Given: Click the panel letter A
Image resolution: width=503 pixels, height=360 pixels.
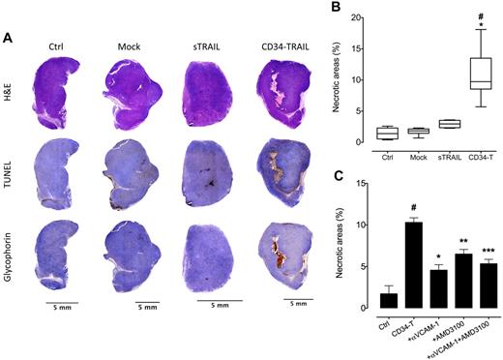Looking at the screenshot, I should click(9, 38).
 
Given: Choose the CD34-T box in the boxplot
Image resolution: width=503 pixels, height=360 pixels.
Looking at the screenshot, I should click(475, 73).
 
